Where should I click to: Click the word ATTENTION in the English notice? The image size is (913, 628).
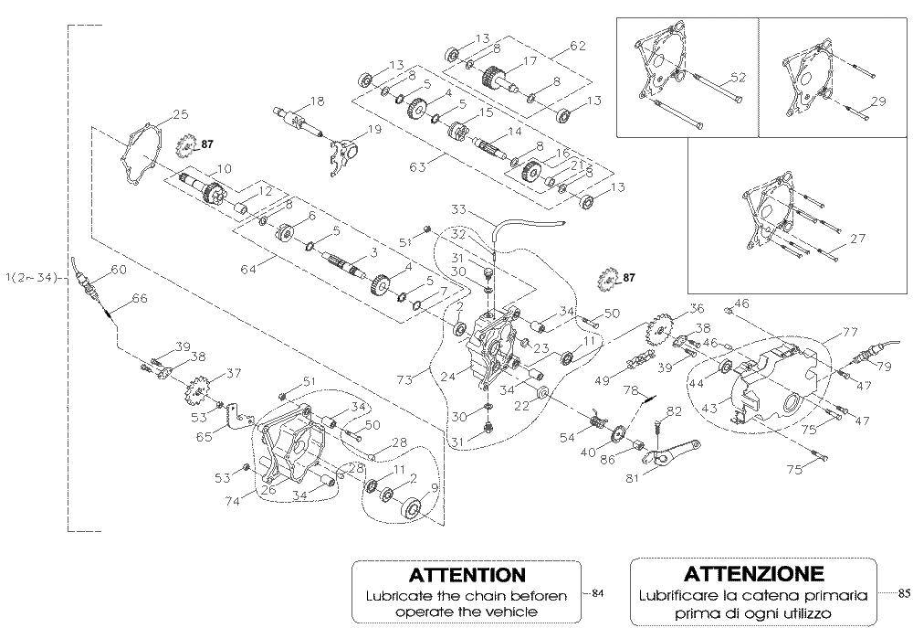[x=467, y=575]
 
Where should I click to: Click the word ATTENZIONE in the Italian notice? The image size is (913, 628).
[x=754, y=574]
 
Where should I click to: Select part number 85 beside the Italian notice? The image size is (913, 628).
[x=904, y=593]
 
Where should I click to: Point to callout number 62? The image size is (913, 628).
[x=578, y=46]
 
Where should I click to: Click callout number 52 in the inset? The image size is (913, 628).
[x=738, y=77]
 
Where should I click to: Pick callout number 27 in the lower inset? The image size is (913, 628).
[x=857, y=238]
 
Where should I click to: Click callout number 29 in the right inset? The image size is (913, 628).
[x=878, y=101]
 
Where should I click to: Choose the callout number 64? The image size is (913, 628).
[x=248, y=270]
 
